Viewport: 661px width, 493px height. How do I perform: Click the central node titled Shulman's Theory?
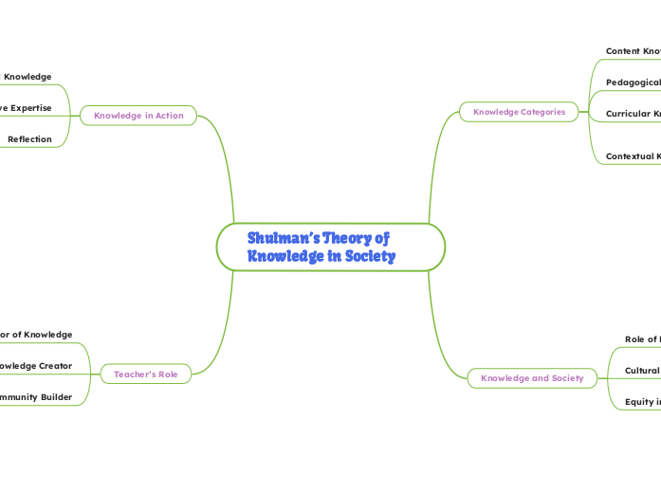coord(330,246)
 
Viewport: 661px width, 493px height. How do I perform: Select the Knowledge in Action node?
coord(138,116)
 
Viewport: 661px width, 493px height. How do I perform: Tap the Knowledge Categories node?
coord(519,112)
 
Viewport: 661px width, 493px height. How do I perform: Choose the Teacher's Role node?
coord(145,374)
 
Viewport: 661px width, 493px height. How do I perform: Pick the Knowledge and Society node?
coord(532,378)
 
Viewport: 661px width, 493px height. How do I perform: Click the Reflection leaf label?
coord(29,139)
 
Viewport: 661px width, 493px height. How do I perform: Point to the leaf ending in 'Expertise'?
coord(26,108)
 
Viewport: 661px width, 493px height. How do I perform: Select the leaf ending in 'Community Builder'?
coord(36,397)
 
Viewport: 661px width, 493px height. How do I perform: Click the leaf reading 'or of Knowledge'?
coord(36,335)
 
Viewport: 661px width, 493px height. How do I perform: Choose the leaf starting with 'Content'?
coord(633,50)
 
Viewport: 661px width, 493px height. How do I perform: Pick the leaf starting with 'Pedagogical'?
coord(633,82)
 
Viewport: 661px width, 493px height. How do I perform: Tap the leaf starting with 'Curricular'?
coord(633,114)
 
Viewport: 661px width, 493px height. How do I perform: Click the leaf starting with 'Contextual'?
coord(633,156)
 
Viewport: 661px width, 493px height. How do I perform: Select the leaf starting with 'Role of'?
coord(642,339)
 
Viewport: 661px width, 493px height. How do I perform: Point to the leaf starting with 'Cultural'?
coord(642,371)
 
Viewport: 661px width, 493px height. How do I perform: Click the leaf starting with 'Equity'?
coord(642,402)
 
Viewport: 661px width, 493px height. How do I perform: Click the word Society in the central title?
coord(369,256)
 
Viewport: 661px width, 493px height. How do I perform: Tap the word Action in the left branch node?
coord(167,116)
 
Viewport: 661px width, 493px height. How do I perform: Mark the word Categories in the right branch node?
coord(543,112)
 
